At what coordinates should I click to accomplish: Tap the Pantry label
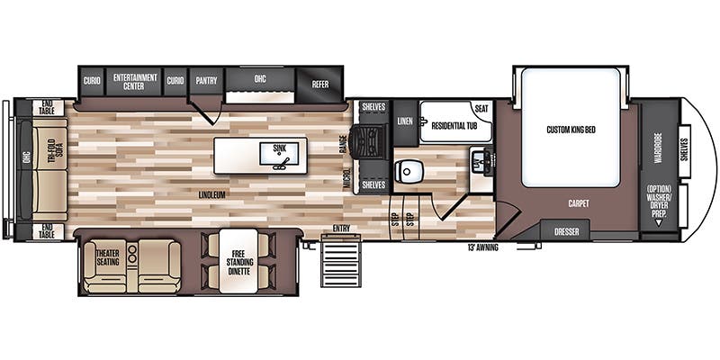[x=207, y=79]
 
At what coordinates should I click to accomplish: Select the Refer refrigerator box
[x=320, y=83]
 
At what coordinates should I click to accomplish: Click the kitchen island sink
[x=279, y=154]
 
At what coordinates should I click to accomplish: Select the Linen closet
[x=405, y=121]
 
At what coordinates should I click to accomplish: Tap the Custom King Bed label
[x=571, y=130]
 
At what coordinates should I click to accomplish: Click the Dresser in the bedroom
[x=565, y=232]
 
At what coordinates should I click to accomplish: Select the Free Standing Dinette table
[x=238, y=261]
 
